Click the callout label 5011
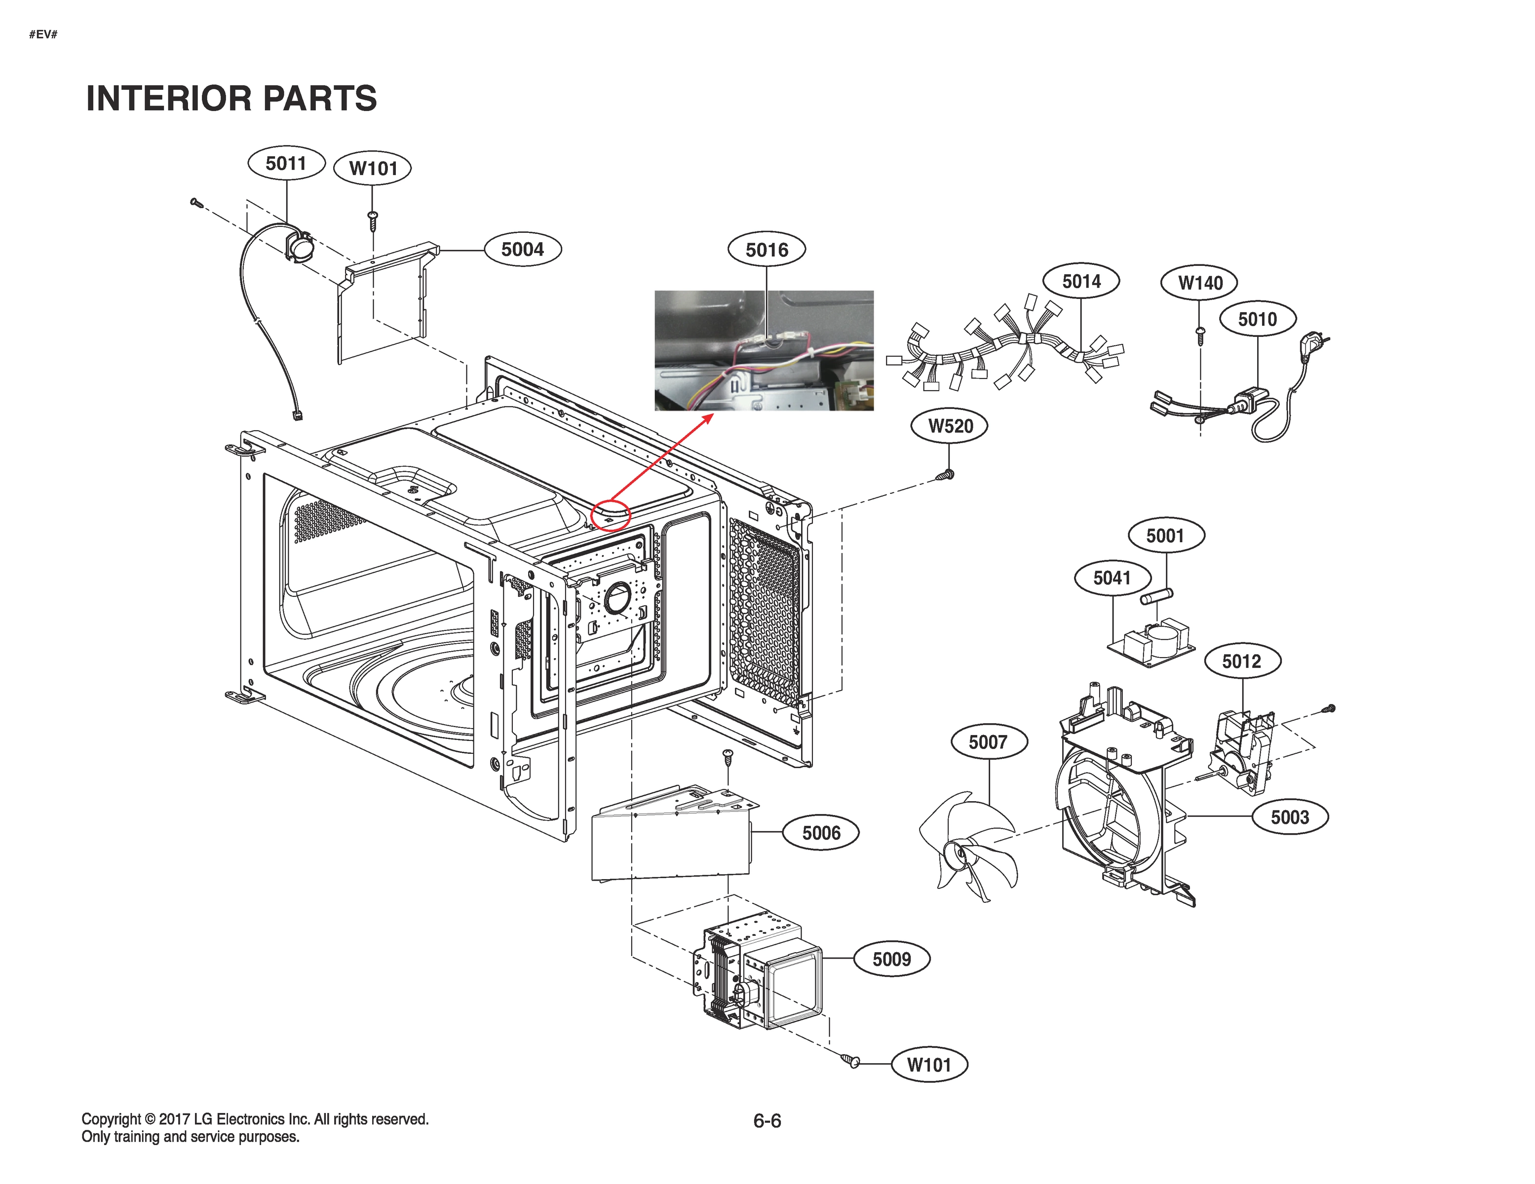[x=286, y=164]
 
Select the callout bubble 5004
[x=522, y=250]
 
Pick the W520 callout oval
[x=950, y=426]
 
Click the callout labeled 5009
[x=891, y=959]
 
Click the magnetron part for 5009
[x=759, y=973]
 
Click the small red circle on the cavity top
[x=611, y=515]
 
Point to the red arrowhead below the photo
[x=708, y=418]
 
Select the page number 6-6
[x=767, y=1121]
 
